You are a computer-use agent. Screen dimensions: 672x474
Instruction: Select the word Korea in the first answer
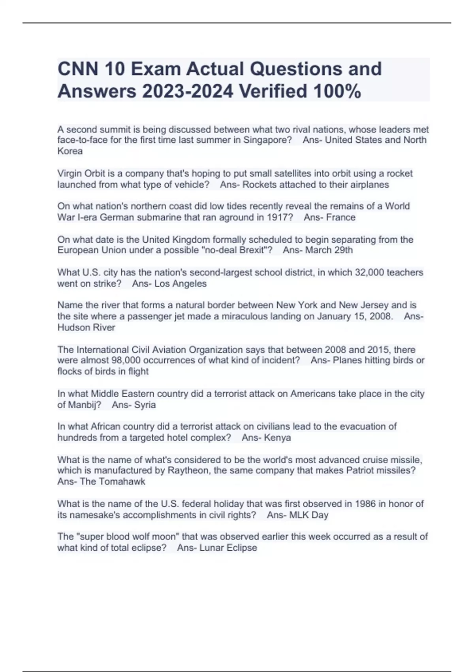70,151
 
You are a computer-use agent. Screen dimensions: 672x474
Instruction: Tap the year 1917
280,217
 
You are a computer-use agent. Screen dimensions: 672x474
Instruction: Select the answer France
340,217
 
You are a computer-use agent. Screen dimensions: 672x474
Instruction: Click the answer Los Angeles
181,283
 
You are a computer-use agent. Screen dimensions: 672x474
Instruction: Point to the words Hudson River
86,327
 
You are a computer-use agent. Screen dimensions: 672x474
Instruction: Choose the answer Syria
145,405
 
